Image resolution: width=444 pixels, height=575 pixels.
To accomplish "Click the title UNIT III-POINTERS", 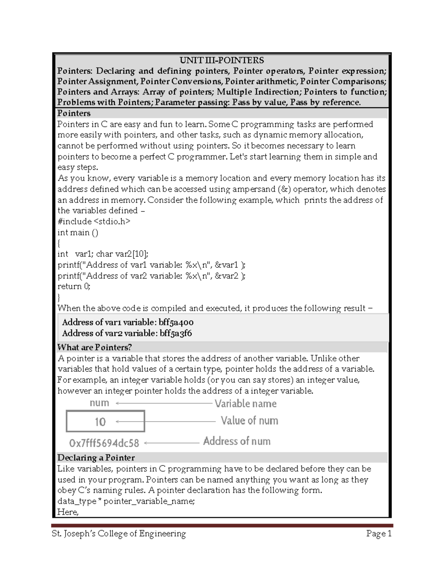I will [222, 60].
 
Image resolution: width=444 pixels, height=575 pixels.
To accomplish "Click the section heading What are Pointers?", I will [94, 347].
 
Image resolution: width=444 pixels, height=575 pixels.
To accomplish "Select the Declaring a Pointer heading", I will [96, 458].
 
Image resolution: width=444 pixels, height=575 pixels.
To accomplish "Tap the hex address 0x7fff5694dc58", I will [104, 443].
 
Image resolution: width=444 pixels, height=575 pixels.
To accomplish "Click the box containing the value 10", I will [105, 421].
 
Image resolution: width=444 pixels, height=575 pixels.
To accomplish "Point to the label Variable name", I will [246, 403].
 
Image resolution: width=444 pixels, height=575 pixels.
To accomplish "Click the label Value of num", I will [249, 421].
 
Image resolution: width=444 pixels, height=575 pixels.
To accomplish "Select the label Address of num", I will [237, 441].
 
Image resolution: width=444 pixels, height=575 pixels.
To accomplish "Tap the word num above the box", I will [99, 403].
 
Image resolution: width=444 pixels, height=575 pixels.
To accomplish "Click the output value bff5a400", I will [176, 322].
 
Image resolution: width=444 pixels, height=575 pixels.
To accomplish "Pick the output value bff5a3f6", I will [176, 333].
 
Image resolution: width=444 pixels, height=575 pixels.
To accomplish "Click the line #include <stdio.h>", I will [94, 221].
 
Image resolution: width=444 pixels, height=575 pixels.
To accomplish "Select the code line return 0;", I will [74, 286].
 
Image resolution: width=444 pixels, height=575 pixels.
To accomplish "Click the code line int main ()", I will [78, 233].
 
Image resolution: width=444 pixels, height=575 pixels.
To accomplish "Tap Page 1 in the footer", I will [379, 534].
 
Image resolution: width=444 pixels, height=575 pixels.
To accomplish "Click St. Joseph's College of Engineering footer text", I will [119, 534].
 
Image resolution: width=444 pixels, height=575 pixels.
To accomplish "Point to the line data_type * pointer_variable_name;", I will [126, 501].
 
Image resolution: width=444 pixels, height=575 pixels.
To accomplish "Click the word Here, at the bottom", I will [68, 512].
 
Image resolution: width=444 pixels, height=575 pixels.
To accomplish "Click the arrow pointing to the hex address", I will [172, 442].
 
